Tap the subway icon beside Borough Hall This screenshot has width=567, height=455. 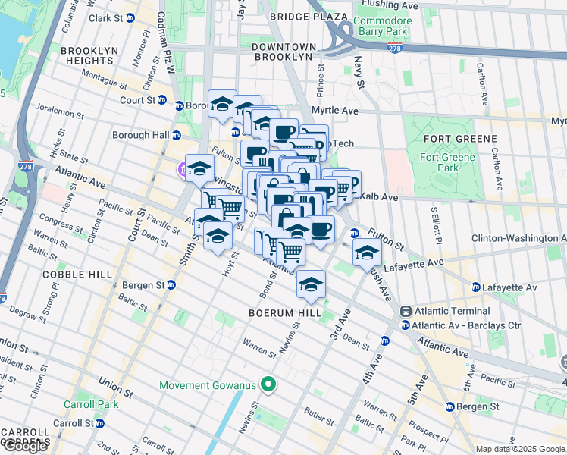click(176, 136)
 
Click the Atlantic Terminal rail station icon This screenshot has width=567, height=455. click(406, 311)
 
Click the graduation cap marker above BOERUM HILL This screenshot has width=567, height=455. click(311, 284)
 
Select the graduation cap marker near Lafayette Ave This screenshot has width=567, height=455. click(367, 253)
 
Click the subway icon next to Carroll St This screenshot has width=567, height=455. click(100, 423)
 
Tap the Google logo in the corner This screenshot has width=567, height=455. click(24, 447)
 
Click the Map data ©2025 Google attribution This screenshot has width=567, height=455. click(520, 449)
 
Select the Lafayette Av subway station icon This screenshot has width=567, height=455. click(475, 288)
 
